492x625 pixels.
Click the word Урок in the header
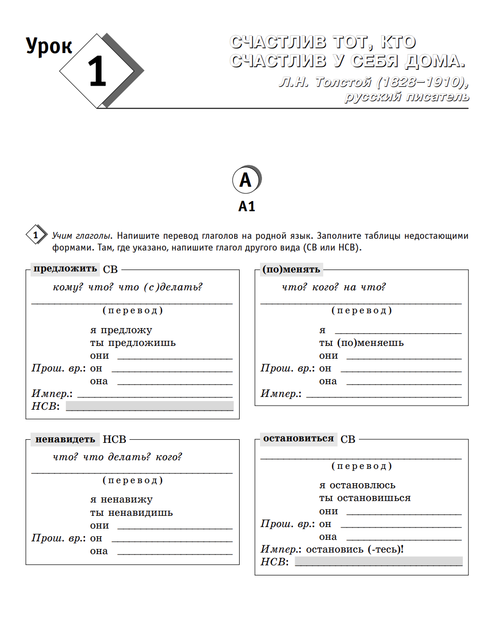point(49,46)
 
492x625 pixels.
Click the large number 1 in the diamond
point(97,72)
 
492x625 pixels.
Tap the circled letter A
point(246,180)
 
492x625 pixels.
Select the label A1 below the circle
point(246,206)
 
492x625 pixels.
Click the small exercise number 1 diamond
point(35,236)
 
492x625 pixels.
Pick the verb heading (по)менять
point(291,269)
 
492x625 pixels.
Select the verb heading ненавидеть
point(65,439)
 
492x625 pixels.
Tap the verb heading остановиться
point(298,438)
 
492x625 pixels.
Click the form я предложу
point(121,330)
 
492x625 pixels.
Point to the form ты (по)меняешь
point(361,343)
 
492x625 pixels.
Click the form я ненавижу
point(121,499)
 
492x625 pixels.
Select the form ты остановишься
point(365,498)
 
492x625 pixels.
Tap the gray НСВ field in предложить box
point(149,406)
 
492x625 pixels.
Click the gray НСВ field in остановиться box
point(378,562)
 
